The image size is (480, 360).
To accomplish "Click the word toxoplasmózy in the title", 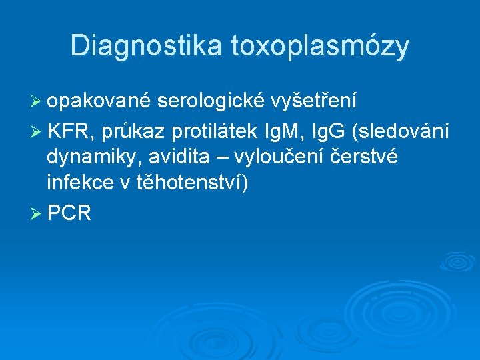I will [x=320, y=47].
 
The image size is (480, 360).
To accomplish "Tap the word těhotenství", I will [x=189, y=185].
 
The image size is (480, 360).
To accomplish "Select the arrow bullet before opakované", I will [x=35, y=101].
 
